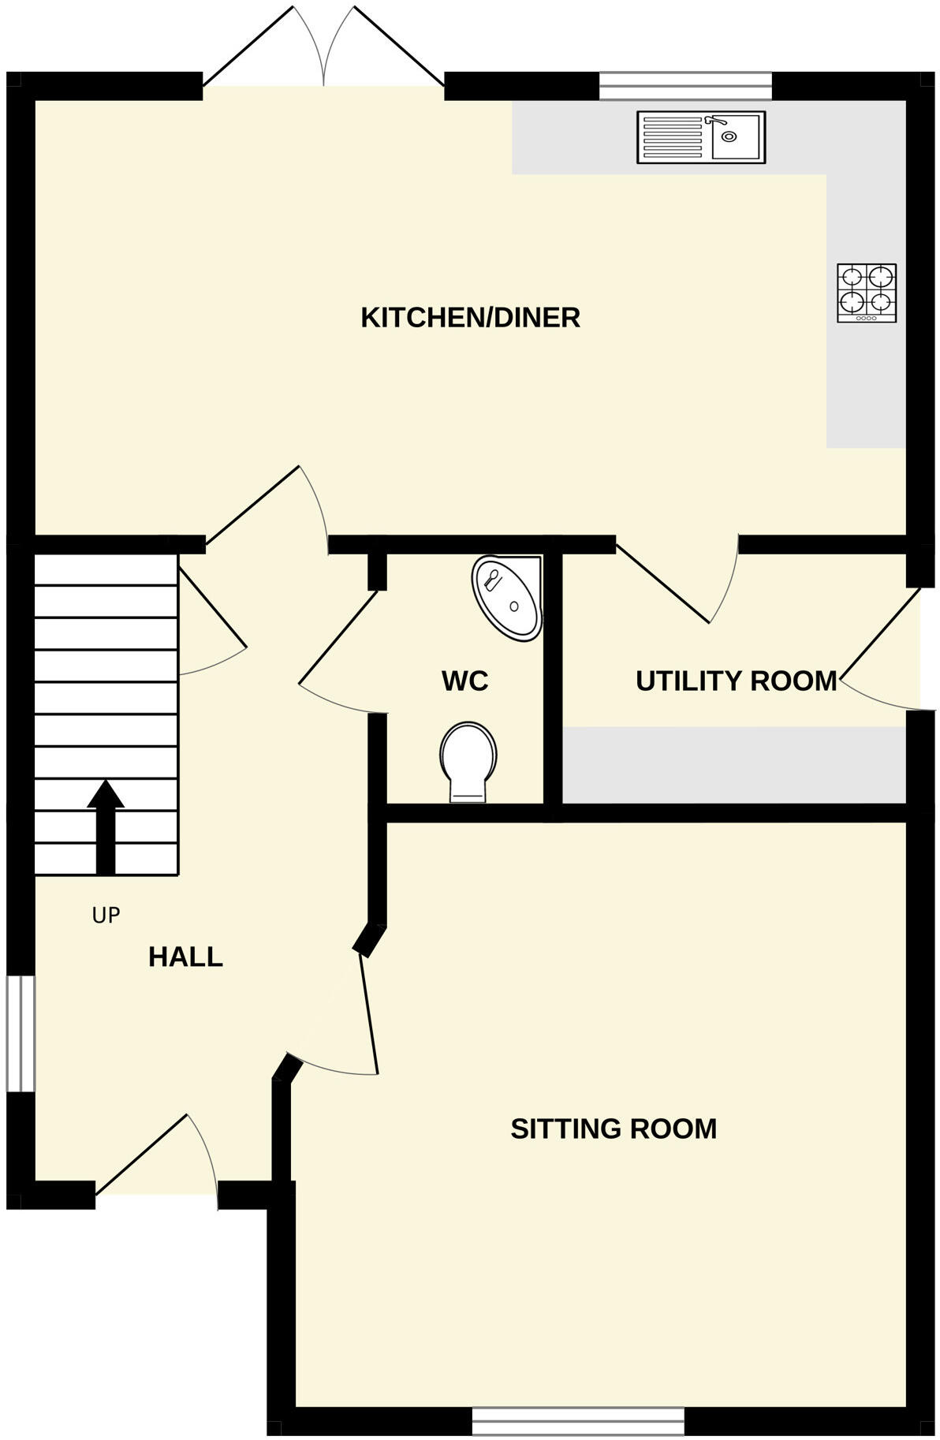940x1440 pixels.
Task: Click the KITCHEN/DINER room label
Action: point(470,318)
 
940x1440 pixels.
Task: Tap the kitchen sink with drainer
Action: point(700,137)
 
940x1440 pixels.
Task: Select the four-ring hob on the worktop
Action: point(866,293)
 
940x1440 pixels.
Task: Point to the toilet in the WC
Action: point(468,762)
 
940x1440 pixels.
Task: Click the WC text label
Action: point(464,681)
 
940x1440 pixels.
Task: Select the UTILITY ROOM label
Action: point(736,681)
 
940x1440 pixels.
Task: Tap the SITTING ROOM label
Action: point(614,1128)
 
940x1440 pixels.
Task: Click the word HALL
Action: point(185,957)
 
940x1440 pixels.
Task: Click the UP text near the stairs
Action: point(106,916)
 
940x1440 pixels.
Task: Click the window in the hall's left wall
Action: point(21,1034)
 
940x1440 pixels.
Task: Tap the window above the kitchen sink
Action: point(684,85)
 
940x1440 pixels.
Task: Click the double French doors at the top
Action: point(323,55)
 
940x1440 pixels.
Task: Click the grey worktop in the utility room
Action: point(733,763)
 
